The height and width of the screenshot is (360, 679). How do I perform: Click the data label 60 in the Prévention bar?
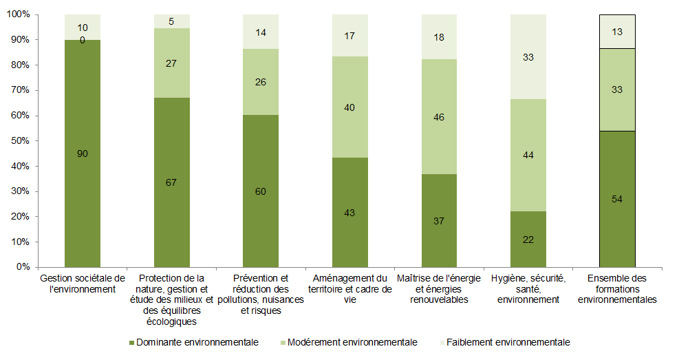261,191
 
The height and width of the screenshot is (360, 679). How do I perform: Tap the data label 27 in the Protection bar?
171,63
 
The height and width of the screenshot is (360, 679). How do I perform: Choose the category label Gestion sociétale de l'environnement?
83,284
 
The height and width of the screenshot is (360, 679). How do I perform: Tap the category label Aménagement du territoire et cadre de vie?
350,289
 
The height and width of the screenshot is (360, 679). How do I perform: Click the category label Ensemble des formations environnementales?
617,289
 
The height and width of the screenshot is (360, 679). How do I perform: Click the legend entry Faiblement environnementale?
508,342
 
